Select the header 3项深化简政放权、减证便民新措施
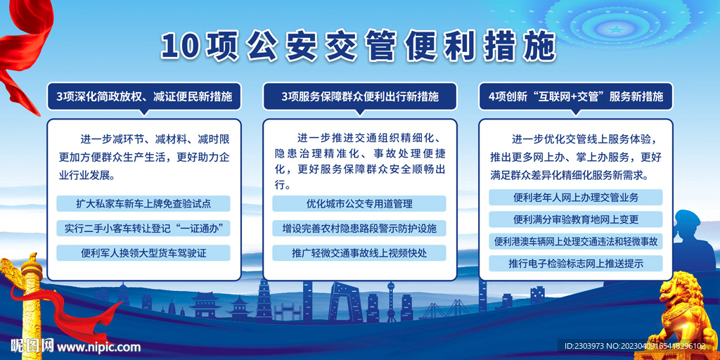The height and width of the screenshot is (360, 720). pyautogui.click(x=143, y=97)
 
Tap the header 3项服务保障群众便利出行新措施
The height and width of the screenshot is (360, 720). pyautogui.click(x=360, y=97)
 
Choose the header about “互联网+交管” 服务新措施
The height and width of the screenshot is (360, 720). pyautogui.click(x=577, y=97)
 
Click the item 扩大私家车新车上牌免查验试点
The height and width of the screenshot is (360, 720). pyautogui.click(x=143, y=203)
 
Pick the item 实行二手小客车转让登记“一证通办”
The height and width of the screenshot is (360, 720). pyautogui.click(x=143, y=229)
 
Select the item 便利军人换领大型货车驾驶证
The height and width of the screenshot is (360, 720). pyautogui.click(x=143, y=252)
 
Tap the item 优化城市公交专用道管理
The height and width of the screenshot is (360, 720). pyautogui.click(x=359, y=203)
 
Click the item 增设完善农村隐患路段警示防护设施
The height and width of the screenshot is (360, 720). pyautogui.click(x=359, y=229)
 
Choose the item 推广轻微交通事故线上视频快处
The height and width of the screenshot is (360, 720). pyautogui.click(x=359, y=252)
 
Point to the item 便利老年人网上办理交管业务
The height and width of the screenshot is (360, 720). pyautogui.click(x=576, y=198)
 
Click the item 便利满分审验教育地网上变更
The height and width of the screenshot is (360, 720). pyautogui.click(x=576, y=219)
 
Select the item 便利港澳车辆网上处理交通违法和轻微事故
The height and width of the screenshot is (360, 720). pyautogui.click(x=576, y=241)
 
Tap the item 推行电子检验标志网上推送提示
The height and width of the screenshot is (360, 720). pyautogui.click(x=576, y=263)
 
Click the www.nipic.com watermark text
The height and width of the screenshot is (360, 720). pyautogui.click(x=98, y=346)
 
